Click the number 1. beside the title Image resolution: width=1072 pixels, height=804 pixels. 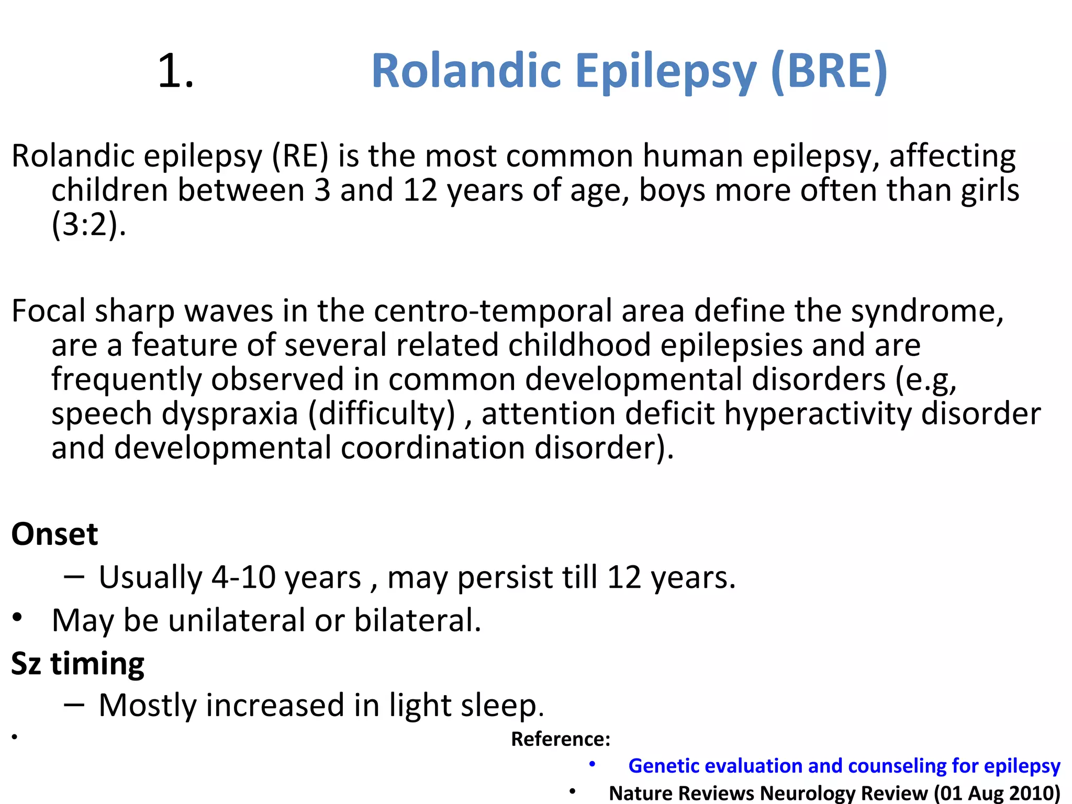[175, 71]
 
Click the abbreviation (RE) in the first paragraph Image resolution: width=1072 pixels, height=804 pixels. [300, 156]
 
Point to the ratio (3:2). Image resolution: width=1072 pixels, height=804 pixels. [88, 225]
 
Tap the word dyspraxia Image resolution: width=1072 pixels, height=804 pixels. [230, 414]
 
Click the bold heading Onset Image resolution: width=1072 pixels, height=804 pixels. [54, 534]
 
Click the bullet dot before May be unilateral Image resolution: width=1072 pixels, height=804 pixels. [18, 618]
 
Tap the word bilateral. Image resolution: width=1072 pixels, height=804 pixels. [417, 620]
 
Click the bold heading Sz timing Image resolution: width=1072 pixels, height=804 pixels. [77, 664]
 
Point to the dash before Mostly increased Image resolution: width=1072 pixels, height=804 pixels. [74, 705]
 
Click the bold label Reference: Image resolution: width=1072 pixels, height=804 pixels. [561, 739]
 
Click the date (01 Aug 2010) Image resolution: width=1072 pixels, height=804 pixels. [997, 793]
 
